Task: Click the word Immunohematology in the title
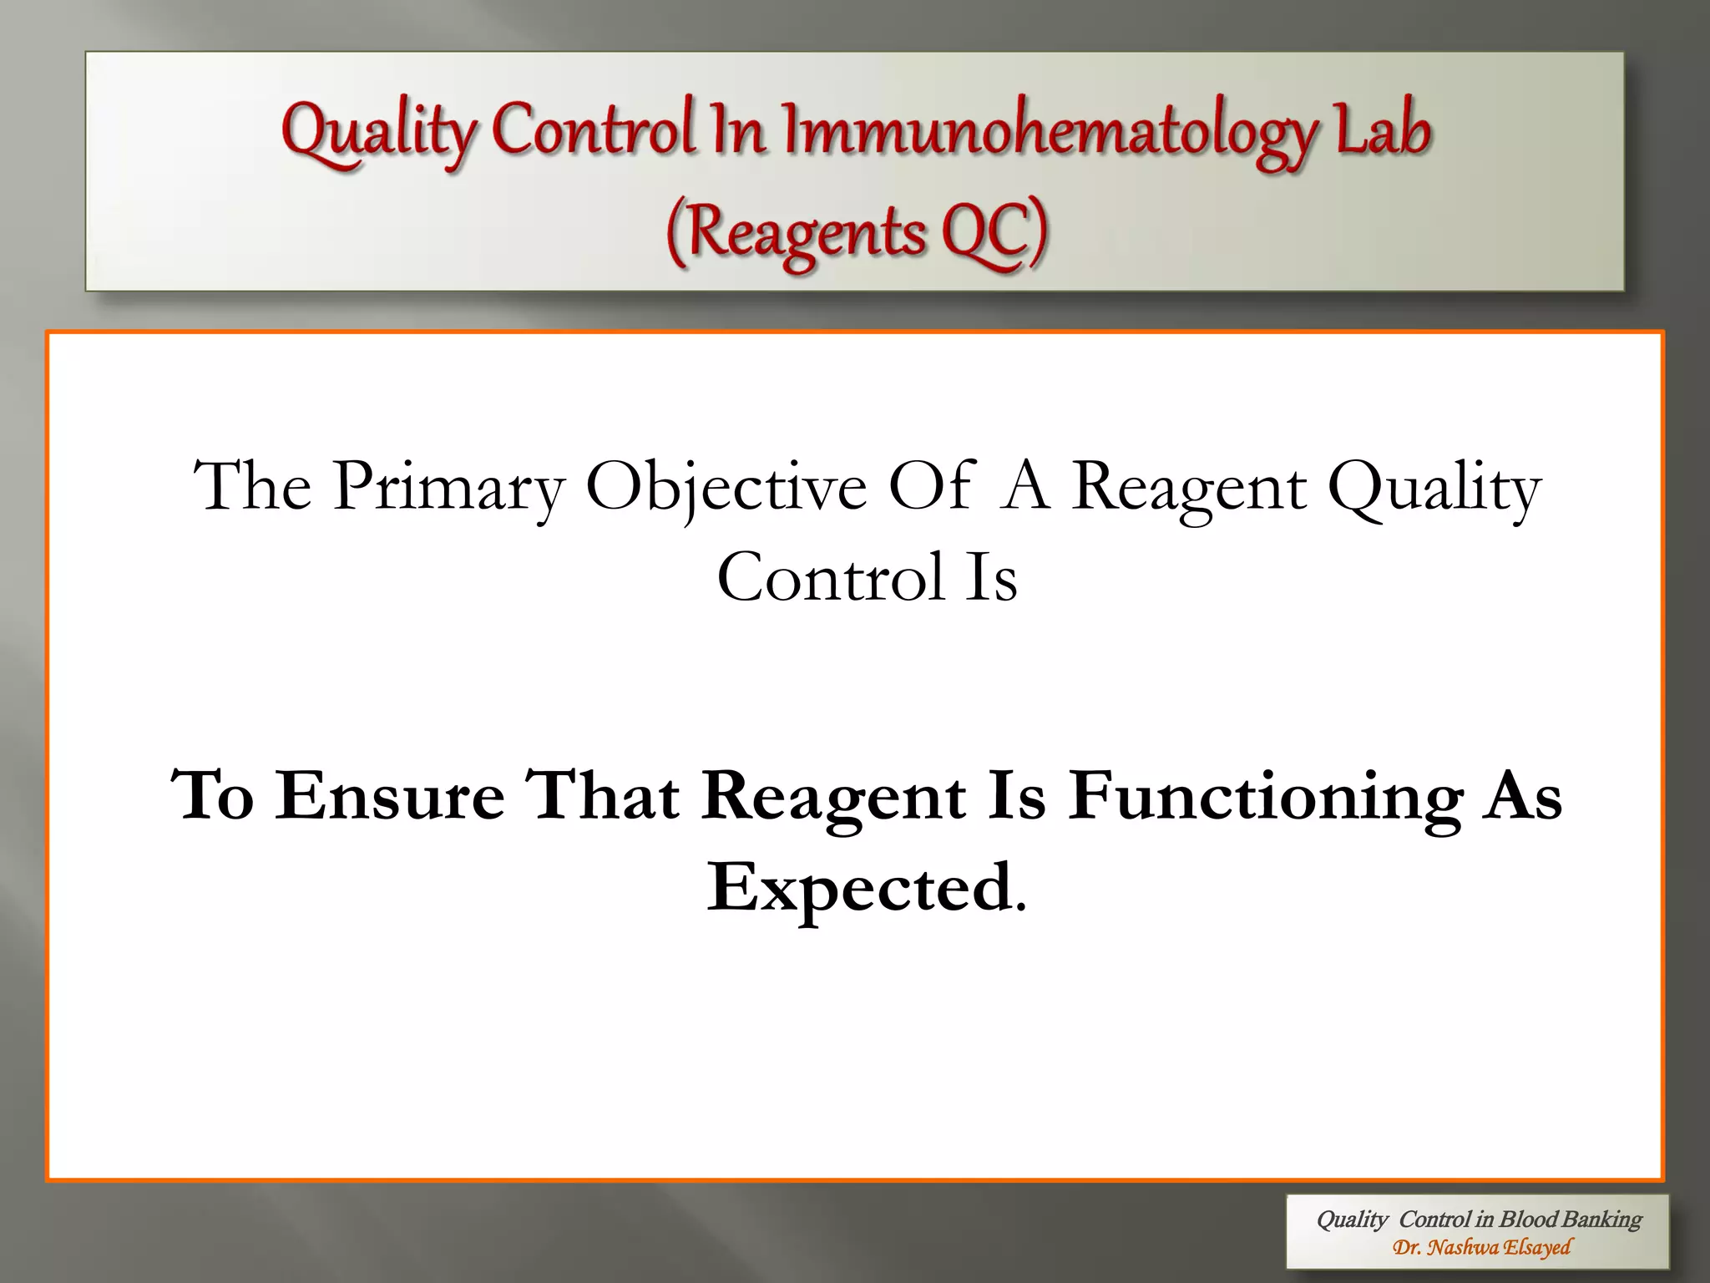[1050, 134]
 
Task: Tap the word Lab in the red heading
[1383, 132]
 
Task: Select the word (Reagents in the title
[795, 232]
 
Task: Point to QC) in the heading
[994, 232]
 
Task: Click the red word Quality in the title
[377, 134]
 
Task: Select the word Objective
[726, 489]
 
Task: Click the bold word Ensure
[390, 795]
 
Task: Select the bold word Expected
[860, 889]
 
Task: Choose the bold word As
[1520, 795]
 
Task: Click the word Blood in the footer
[1528, 1220]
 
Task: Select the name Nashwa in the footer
[1463, 1248]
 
